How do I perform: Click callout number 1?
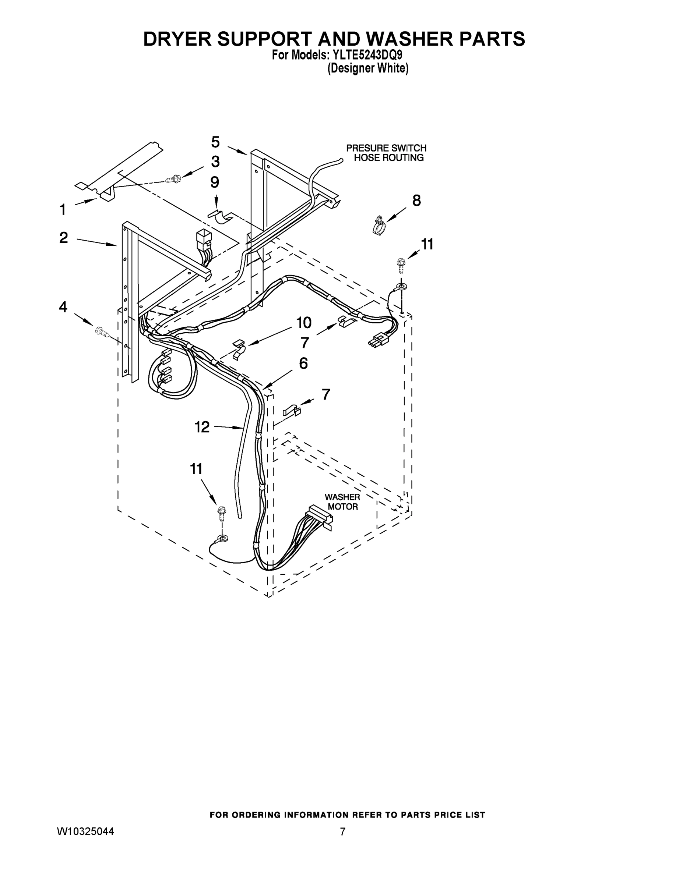62,210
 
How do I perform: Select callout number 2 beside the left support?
64,237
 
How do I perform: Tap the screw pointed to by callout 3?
173,178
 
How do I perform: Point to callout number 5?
215,142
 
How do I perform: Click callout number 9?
215,182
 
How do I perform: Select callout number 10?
304,323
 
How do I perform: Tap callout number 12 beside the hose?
202,426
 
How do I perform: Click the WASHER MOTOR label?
342,502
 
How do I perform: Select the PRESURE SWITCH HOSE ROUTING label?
386,153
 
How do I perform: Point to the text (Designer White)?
367,68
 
